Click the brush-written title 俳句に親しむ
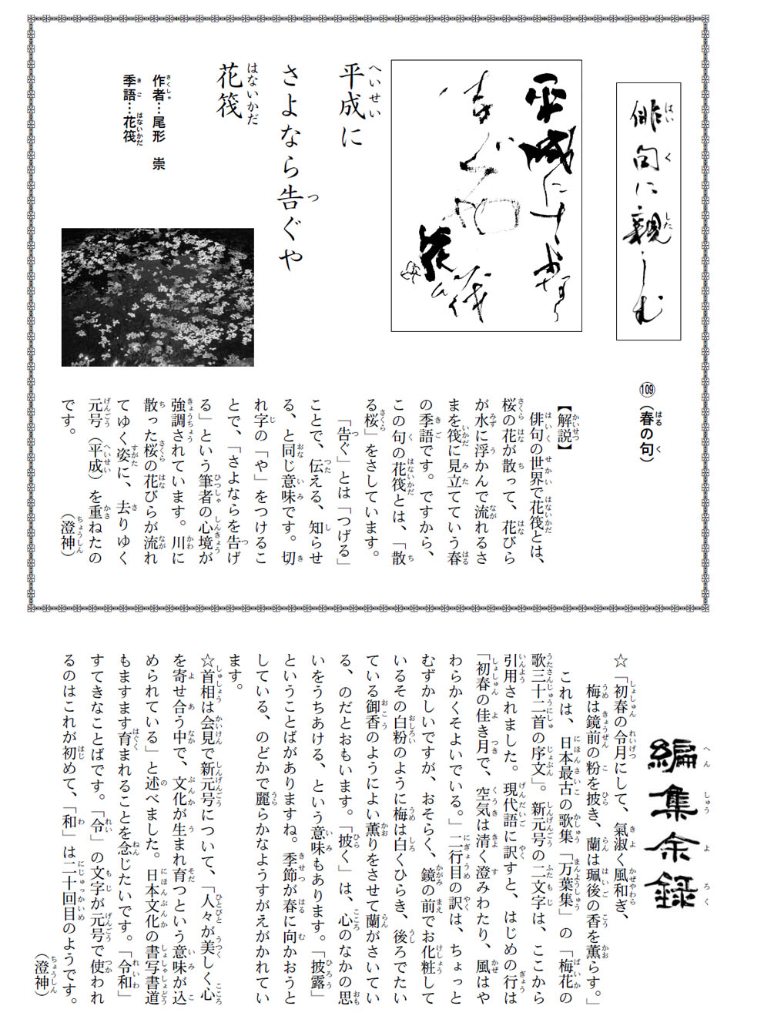click(648, 210)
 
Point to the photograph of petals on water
click(157, 297)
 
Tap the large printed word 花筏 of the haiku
click(230, 91)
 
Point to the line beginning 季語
click(129, 108)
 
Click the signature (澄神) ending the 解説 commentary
click(69, 538)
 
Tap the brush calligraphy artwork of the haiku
click(486, 196)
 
